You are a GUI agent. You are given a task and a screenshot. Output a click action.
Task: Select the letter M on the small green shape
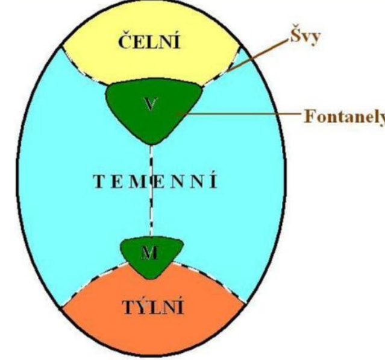point(148,253)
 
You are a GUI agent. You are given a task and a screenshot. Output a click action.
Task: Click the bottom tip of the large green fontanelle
point(151,143)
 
